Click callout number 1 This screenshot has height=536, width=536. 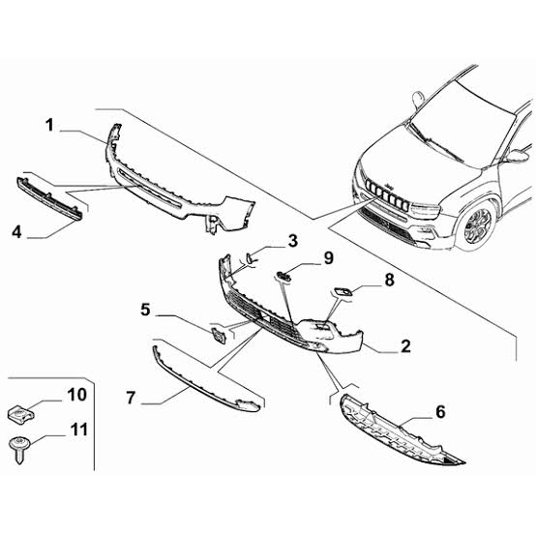[50, 125]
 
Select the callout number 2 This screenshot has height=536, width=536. [405, 346]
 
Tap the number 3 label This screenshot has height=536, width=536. [293, 241]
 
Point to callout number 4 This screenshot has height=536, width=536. [16, 232]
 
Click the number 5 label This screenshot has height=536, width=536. [145, 310]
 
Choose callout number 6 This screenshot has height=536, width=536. [440, 411]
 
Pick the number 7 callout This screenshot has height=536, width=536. [131, 398]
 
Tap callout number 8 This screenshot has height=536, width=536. [389, 280]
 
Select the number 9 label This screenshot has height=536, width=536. [329, 258]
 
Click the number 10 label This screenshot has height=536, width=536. [76, 395]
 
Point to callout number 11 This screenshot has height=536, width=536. [79, 430]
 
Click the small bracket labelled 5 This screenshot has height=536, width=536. [218, 336]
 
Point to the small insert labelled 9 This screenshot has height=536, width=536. [283, 276]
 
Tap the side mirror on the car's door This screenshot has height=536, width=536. [517, 156]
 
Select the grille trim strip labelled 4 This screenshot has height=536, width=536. [49, 199]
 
